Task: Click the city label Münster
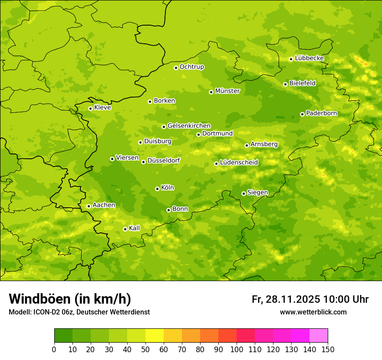[227, 91]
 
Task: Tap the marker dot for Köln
[157, 189]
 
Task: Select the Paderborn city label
[321, 113]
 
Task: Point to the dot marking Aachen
[89, 206]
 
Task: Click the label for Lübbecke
[309, 58]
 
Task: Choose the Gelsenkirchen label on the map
[189, 126]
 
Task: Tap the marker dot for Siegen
[244, 193]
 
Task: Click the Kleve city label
[102, 108]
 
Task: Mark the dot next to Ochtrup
[176, 68]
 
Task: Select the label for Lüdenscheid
[239, 163]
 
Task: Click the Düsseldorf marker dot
[143, 162]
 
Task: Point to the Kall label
[134, 228]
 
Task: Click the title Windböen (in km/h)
[70, 299]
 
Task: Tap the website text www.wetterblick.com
[313, 312]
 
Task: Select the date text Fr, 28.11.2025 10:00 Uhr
[310, 299]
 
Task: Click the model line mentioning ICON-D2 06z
[79, 312]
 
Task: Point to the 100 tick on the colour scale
[237, 349]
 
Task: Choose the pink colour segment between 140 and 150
[319, 336]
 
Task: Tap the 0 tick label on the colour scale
[54, 349]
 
